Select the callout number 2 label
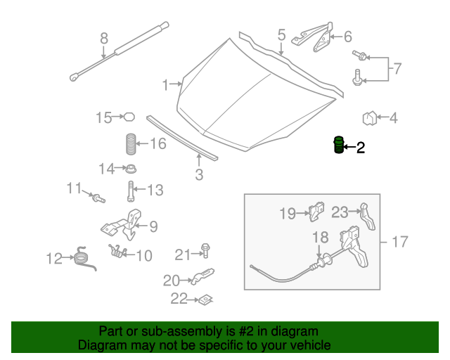coord(361,148)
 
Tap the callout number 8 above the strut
coord(103,39)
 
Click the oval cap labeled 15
coord(129,117)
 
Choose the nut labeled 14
coord(129,169)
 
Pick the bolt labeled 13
coord(131,189)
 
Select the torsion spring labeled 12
coord(84,257)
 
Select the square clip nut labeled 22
coord(205,300)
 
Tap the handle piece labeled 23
coord(366,215)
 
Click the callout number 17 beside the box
coord(399,242)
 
